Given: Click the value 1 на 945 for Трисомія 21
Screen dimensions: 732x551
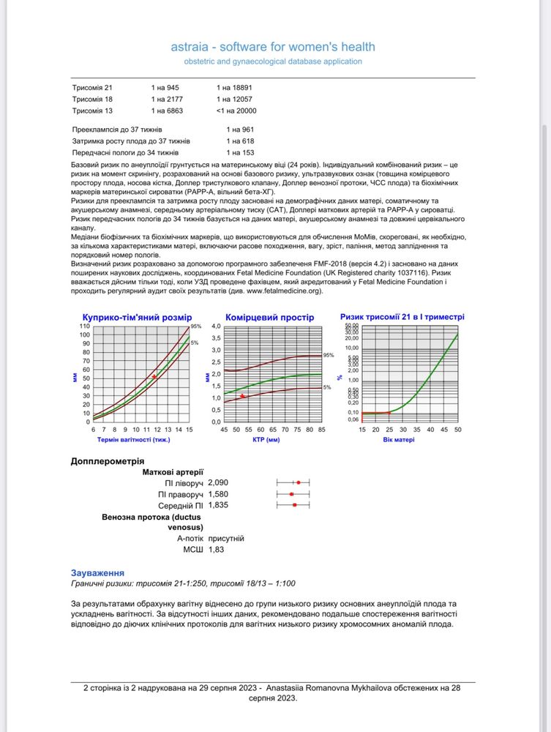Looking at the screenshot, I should click(165, 88).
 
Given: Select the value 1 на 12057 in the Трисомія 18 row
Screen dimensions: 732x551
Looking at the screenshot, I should click(234, 99).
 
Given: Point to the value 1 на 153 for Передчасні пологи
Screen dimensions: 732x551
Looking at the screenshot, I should click(240, 152).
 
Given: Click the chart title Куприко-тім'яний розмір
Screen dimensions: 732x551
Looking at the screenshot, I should click(137, 318).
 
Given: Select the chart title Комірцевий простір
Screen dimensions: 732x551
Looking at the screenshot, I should click(269, 318).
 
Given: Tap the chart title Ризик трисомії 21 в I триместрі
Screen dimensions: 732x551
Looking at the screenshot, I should click(402, 317).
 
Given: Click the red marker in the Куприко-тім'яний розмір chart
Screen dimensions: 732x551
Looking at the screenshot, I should click(154, 376).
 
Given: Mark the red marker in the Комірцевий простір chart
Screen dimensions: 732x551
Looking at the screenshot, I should click(242, 396).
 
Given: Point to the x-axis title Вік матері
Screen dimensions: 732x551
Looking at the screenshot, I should click(399, 440).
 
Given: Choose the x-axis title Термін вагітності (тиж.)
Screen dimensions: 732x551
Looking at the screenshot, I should click(134, 440).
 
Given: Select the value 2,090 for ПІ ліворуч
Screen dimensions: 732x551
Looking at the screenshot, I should click(219, 483).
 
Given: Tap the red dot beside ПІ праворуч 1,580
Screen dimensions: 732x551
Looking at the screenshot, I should click(292, 494).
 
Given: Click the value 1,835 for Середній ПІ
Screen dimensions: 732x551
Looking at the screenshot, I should click(219, 505).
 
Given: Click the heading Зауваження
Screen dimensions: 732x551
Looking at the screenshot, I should click(97, 572).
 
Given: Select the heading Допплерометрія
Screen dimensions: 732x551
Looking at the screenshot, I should click(107, 461).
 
